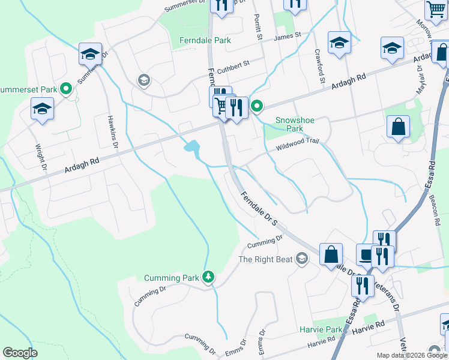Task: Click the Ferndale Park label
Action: click(205, 41)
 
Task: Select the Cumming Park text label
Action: click(170, 278)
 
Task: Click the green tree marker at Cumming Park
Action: click(208, 277)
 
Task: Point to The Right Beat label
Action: click(265, 259)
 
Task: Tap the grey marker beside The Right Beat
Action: click(302, 259)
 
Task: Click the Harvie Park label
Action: click(321, 329)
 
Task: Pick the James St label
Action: click(286, 38)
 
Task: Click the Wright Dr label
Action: click(41, 156)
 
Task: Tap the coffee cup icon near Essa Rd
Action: click(366, 254)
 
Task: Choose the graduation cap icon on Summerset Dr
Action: click(90, 53)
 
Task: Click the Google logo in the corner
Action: click(20, 353)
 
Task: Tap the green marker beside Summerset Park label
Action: click(67, 89)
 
